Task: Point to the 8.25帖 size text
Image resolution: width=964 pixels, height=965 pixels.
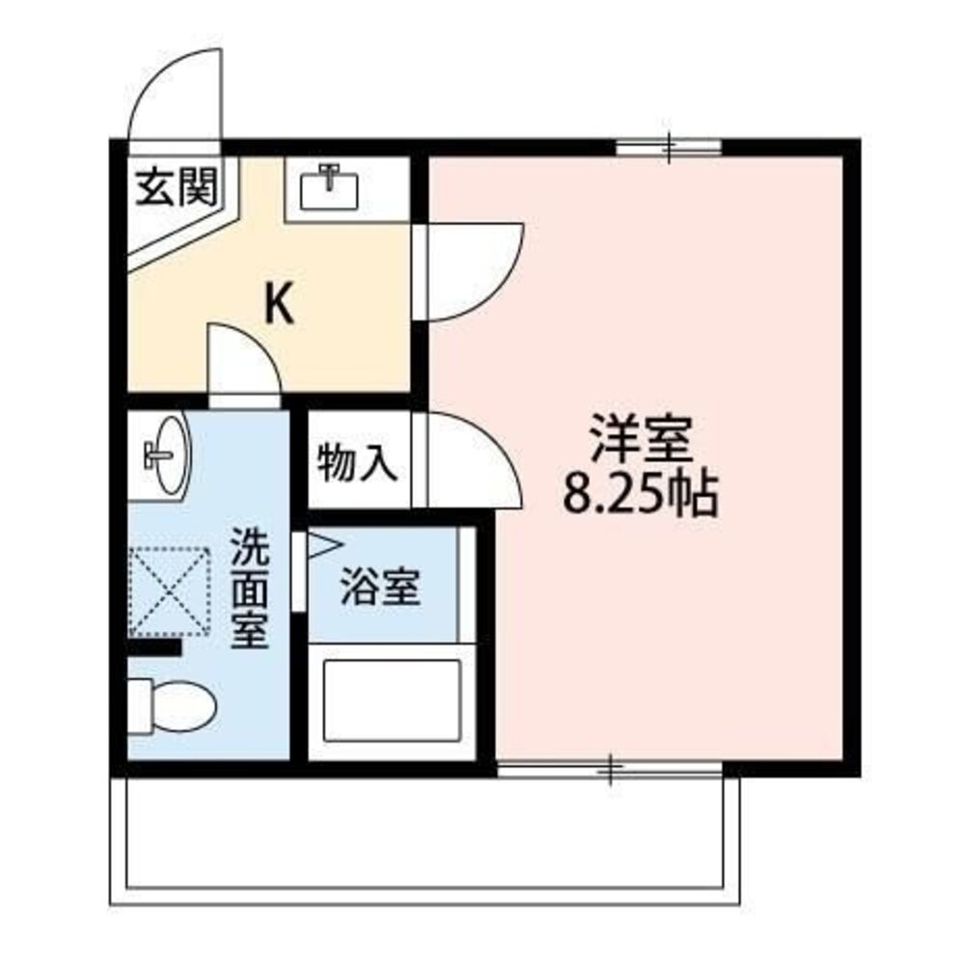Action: coord(640,496)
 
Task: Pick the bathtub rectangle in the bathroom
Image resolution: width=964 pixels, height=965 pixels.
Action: coord(391,701)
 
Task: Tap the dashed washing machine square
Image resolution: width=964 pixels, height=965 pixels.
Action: coord(169,592)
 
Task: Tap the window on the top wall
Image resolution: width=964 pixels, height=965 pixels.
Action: coord(669,147)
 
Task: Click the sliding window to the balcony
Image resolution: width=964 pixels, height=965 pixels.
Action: coord(610,768)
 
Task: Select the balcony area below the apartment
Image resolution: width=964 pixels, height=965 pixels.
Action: coord(425,840)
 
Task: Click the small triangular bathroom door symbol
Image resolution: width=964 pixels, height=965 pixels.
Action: coord(321,545)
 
